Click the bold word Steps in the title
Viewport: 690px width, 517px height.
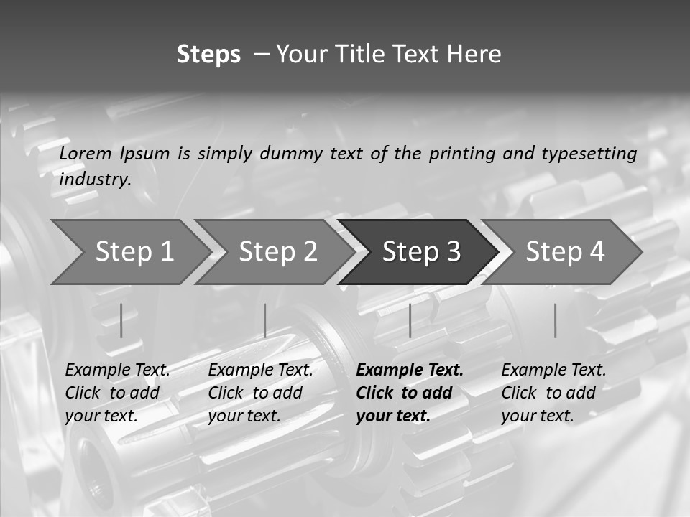point(208,55)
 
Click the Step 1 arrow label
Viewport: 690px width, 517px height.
point(134,251)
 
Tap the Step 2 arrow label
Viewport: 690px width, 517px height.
point(278,251)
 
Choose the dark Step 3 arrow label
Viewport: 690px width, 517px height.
point(421,251)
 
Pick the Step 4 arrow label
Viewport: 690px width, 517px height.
point(565,251)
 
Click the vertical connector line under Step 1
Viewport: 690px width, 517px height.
point(121,320)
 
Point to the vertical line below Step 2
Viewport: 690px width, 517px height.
point(265,320)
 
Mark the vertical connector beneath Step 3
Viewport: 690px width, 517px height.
point(410,320)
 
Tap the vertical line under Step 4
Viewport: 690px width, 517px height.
point(555,320)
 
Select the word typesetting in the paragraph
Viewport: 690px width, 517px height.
point(589,154)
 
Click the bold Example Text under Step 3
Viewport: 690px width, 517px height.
point(410,371)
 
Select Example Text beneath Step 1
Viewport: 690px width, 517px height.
point(118,371)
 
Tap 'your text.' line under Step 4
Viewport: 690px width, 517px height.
point(537,416)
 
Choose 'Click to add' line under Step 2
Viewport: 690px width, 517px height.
point(255,393)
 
